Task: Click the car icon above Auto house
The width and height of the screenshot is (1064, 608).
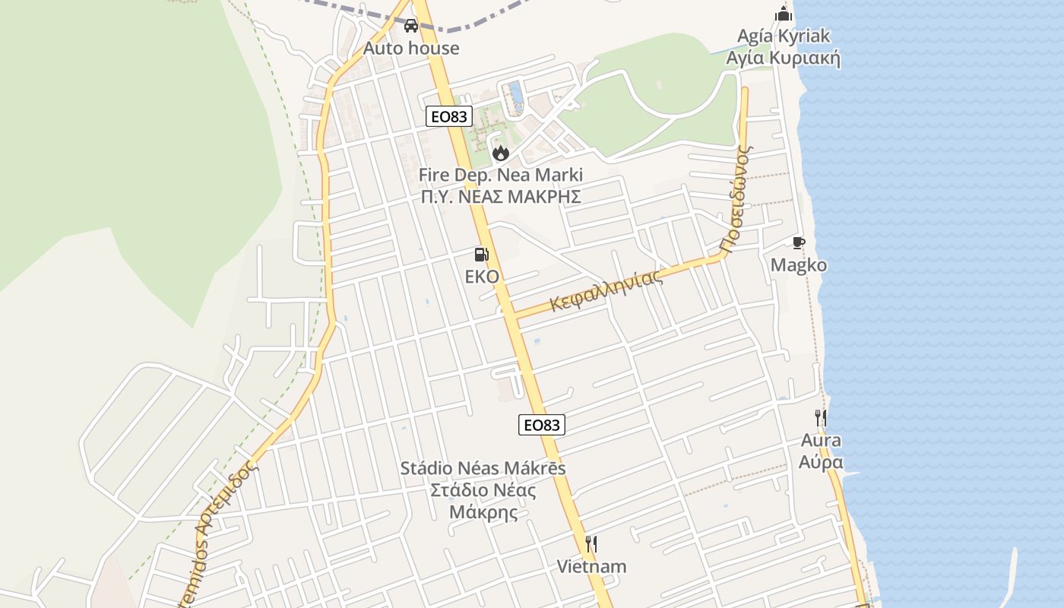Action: pos(411,26)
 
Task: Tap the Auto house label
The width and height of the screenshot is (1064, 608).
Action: pos(411,48)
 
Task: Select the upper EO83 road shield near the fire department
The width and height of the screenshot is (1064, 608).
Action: pos(448,116)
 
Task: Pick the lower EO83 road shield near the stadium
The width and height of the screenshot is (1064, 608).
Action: pos(542,425)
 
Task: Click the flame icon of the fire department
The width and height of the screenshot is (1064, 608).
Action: pos(500,153)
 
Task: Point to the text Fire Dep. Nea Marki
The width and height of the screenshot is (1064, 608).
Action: pos(500,175)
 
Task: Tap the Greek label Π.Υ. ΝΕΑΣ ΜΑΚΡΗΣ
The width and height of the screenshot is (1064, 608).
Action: pos(500,197)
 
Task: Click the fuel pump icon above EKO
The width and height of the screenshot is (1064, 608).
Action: pos(481,255)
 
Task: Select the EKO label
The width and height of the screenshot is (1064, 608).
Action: pos(482,277)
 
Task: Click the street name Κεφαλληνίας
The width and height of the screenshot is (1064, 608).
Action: pos(607,290)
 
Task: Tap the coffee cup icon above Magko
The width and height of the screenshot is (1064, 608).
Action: pos(798,242)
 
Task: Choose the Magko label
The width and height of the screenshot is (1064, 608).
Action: pos(799,265)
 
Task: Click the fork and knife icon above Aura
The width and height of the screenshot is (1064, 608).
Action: pos(821,417)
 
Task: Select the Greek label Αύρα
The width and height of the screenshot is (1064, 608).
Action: pos(821,462)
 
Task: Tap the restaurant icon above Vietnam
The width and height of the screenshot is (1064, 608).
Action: pos(591,544)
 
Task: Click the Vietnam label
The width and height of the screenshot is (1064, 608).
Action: pos(591,566)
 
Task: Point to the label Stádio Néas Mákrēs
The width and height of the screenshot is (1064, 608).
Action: pos(483,468)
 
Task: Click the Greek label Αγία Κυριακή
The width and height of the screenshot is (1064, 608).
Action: pos(783,59)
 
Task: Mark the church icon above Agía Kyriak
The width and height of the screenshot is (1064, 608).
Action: pos(784,14)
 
